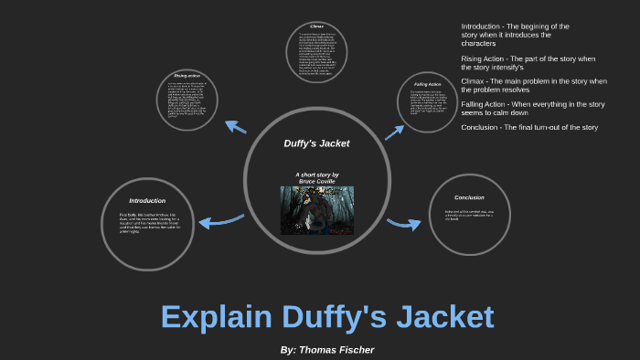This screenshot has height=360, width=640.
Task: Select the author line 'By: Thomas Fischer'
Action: coord(326,349)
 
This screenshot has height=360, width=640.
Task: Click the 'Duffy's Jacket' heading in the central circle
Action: coord(316,143)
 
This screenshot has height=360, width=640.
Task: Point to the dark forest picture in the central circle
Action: coord(316,209)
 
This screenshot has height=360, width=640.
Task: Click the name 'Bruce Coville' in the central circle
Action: coord(316,181)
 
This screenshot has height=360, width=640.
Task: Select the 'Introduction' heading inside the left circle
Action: coord(147,200)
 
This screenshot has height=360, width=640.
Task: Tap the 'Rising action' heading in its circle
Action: coord(187,76)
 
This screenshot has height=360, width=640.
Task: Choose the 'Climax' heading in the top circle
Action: coord(317,26)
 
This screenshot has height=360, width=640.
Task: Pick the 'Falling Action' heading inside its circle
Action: coord(428,84)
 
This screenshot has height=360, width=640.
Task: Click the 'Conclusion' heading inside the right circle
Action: coord(469,197)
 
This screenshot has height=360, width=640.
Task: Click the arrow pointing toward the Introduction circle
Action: coord(219,220)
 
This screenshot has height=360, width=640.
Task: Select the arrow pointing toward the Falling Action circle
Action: coord(394,132)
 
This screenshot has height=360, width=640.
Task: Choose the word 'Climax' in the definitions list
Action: coord(473,81)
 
